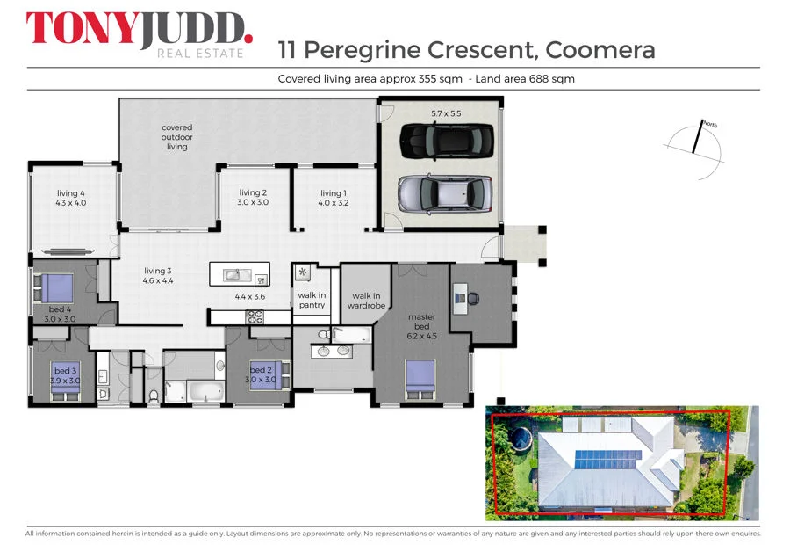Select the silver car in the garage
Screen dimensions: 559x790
click(444, 192)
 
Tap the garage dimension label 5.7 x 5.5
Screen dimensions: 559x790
click(446, 113)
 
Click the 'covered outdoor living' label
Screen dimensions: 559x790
click(177, 137)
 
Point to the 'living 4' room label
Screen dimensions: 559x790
click(72, 198)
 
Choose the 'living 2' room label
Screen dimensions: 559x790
click(253, 198)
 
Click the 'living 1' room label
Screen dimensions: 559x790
click(334, 198)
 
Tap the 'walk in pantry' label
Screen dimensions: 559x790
click(312, 301)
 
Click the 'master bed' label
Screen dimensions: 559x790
click(422, 326)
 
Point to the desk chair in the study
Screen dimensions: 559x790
click(475, 298)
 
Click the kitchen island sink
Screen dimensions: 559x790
click(233, 275)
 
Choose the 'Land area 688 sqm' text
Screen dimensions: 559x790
click(525, 79)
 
